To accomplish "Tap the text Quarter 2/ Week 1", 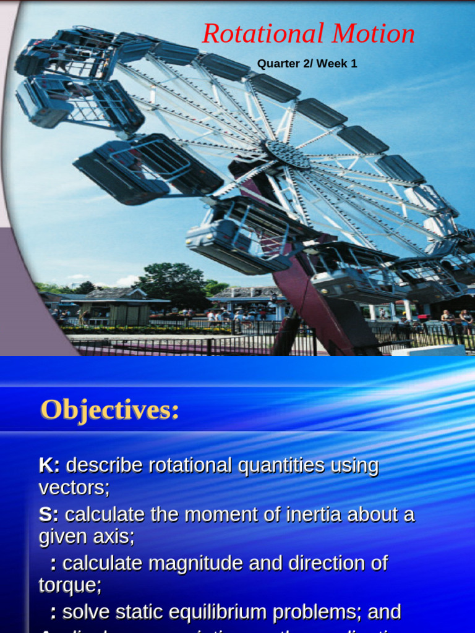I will click(x=307, y=64).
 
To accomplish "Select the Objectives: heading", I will click(x=109, y=410).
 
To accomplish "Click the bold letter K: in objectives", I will click(x=49, y=465).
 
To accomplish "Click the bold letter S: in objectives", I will click(x=49, y=514).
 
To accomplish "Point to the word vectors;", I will click(x=74, y=488).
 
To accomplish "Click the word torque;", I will click(x=70, y=585).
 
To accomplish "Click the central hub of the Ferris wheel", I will click(x=287, y=153).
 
